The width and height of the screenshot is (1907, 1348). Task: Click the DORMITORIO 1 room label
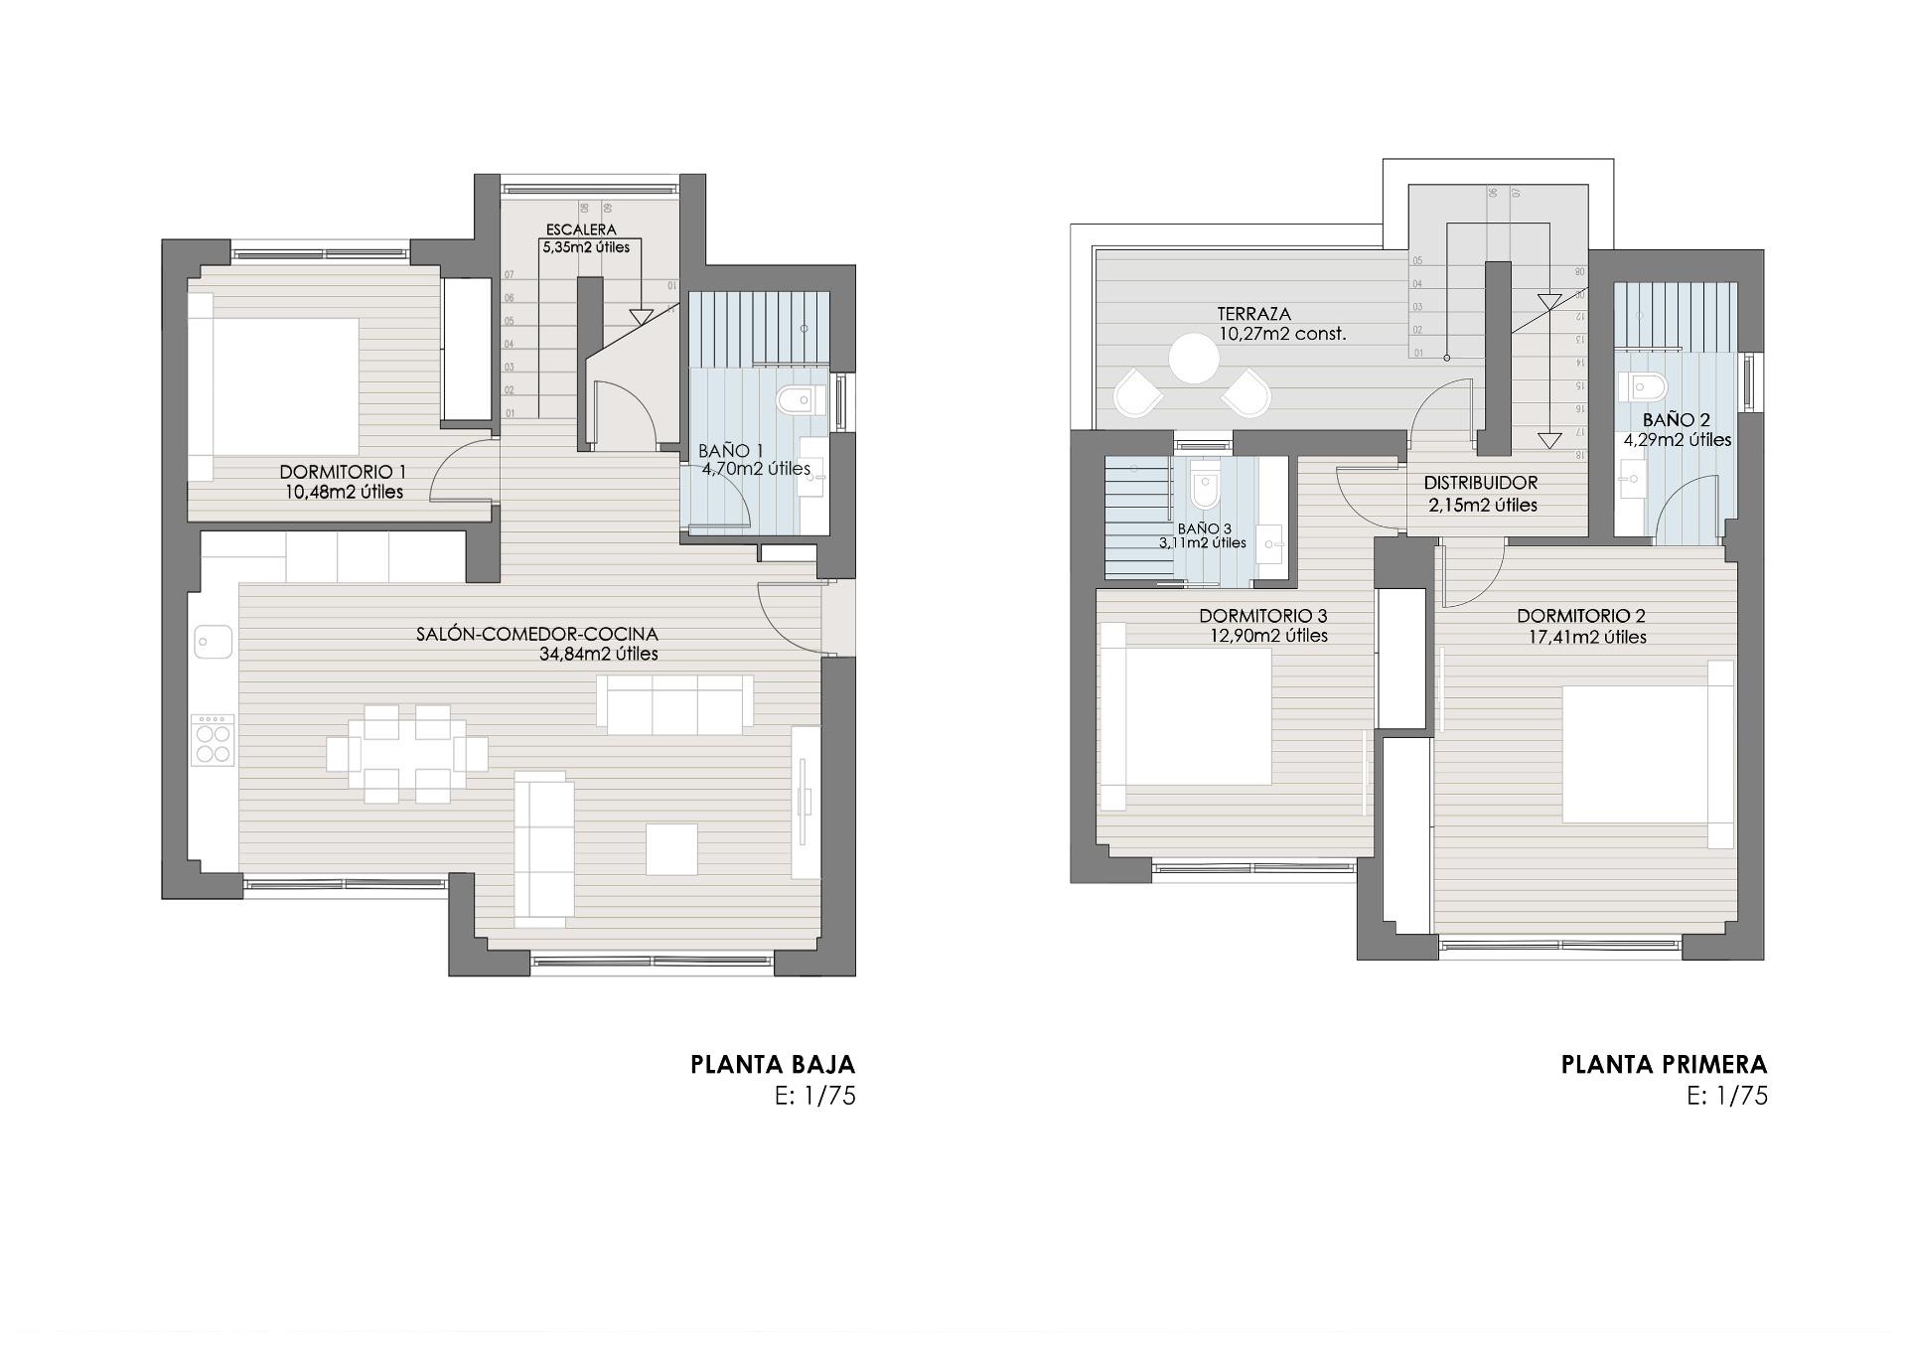pos(342,472)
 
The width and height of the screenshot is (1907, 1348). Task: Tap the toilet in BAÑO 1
pos(801,400)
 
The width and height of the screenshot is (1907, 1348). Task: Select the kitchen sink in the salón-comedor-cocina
pos(213,641)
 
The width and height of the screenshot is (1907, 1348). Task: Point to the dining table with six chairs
pos(407,753)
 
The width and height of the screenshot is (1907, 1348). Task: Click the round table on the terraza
pos(1193,359)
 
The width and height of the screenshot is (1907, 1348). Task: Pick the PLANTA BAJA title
pos(773,1065)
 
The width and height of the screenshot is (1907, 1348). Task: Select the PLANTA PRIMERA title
pos(1664,1065)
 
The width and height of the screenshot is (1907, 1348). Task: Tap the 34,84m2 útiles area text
pos(598,655)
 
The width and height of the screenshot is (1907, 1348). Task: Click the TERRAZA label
pos(1253,314)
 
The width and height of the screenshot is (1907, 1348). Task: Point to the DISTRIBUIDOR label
pos(1480,483)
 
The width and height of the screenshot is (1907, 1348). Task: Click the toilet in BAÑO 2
pos(1645,386)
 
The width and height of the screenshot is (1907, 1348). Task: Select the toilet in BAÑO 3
pos(1204,489)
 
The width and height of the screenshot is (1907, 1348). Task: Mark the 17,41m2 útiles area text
pos(1587,638)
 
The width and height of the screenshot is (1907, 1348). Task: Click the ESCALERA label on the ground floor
pos(581,229)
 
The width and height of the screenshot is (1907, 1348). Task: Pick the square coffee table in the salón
pos(671,848)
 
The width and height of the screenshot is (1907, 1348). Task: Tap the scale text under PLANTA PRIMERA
pos(1727,1097)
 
